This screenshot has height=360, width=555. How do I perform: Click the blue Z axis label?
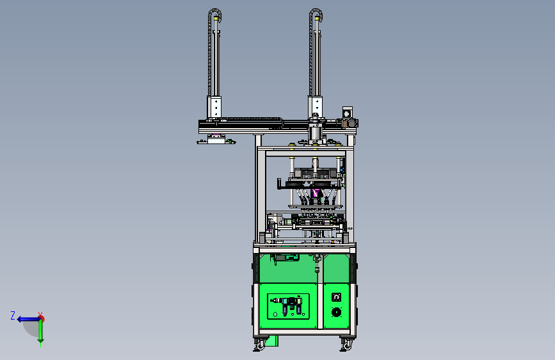[x=13, y=315]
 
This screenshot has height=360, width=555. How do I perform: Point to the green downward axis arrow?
[x=41, y=331]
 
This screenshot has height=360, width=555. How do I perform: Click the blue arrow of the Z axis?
[x=28, y=319]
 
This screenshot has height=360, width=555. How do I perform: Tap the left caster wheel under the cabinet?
[x=260, y=345]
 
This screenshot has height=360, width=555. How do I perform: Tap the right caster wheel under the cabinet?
[x=347, y=345]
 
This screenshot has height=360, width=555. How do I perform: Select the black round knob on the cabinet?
[x=336, y=312]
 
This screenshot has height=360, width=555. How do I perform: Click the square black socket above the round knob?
[x=336, y=297]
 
